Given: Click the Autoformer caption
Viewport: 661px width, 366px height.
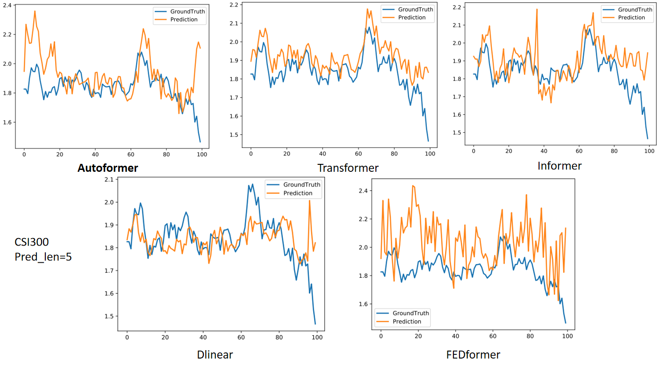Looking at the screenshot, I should (108, 168).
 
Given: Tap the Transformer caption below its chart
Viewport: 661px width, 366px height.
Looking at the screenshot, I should (348, 168).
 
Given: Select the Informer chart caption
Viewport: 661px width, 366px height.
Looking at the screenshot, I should (560, 166).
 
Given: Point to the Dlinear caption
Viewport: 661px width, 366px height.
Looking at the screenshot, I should (215, 355).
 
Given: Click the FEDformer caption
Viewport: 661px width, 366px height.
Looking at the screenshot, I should (473, 355).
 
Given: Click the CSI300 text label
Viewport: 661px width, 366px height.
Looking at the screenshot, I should (32, 242).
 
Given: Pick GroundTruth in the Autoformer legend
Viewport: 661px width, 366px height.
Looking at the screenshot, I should (187, 12).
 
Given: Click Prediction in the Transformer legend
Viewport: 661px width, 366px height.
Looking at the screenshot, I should (412, 18).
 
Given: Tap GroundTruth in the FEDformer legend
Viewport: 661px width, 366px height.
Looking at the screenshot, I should (410, 313).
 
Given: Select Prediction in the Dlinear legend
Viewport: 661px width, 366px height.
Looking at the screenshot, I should (298, 193).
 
